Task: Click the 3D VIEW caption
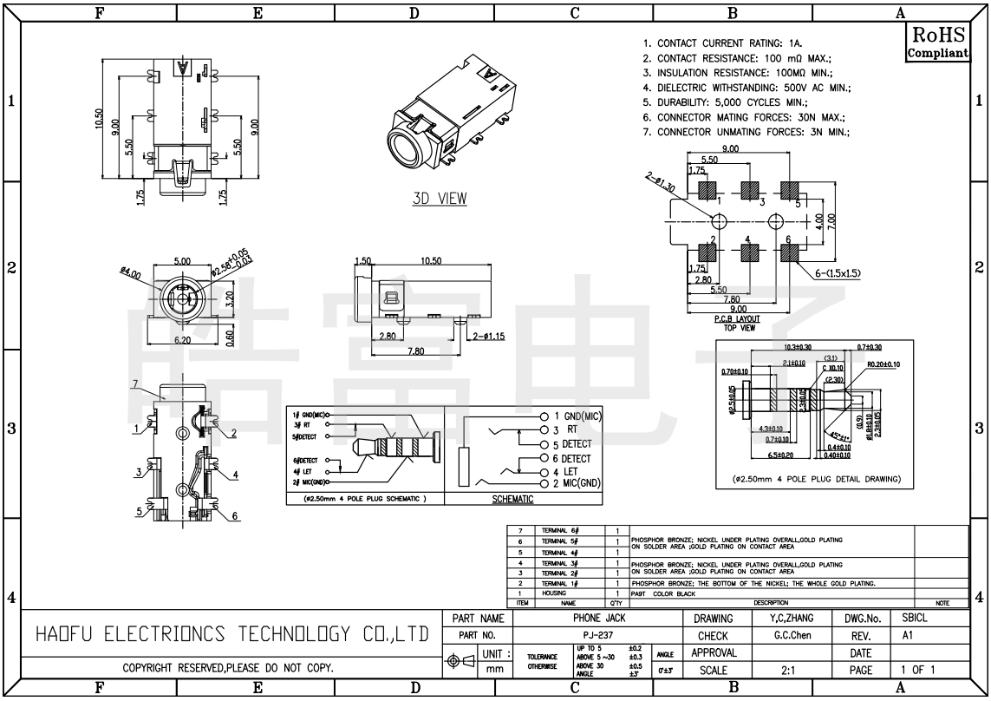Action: tap(439, 199)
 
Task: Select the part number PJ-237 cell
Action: tap(592, 636)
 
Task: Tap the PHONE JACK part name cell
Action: tap(592, 619)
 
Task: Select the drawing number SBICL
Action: tap(916, 619)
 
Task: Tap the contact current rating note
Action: tap(722, 43)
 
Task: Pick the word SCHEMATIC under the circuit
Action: tap(513, 500)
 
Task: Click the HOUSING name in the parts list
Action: tap(555, 593)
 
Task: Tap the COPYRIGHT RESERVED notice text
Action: tap(230, 669)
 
